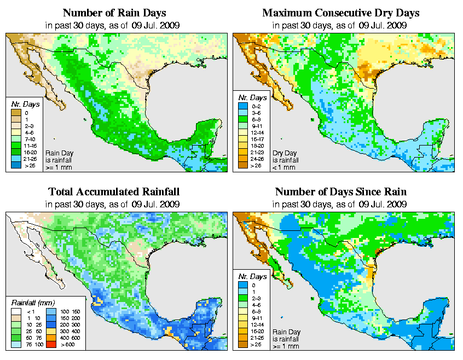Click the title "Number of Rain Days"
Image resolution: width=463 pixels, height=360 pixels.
coord(114,13)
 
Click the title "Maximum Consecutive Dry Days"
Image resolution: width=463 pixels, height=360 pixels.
coord(340,13)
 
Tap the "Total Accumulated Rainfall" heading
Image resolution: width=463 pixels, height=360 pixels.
coord(114,192)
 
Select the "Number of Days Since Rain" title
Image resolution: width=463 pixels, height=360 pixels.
coord(340,192)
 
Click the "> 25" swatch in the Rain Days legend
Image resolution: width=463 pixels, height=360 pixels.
coord(15,164)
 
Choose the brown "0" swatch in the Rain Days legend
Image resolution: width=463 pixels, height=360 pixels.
coord(15,113)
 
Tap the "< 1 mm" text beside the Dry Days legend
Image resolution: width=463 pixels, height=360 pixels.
coord(285,167)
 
